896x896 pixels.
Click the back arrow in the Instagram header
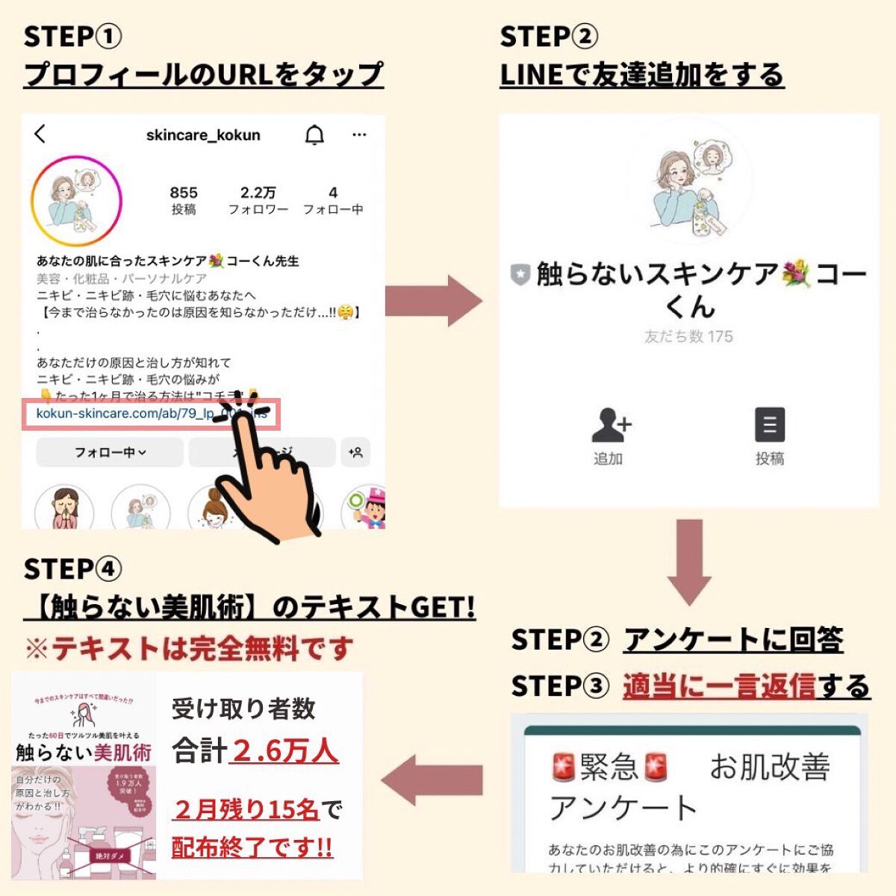[40, 134]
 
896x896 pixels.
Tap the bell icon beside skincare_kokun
[315, 135]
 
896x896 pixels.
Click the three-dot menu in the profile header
[359, 135]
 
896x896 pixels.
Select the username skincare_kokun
[203, 135]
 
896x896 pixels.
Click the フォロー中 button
[110, 452]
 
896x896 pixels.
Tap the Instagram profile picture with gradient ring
[77, 202]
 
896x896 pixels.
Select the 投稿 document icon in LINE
[769, 426]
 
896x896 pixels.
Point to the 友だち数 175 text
[688, 337]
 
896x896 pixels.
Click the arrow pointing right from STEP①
[433, 300]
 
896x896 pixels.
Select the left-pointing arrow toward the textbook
[432, 781]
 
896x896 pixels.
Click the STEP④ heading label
[72, 569]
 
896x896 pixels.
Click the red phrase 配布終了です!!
[252, 847]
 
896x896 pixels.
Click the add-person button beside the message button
[355, 452]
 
